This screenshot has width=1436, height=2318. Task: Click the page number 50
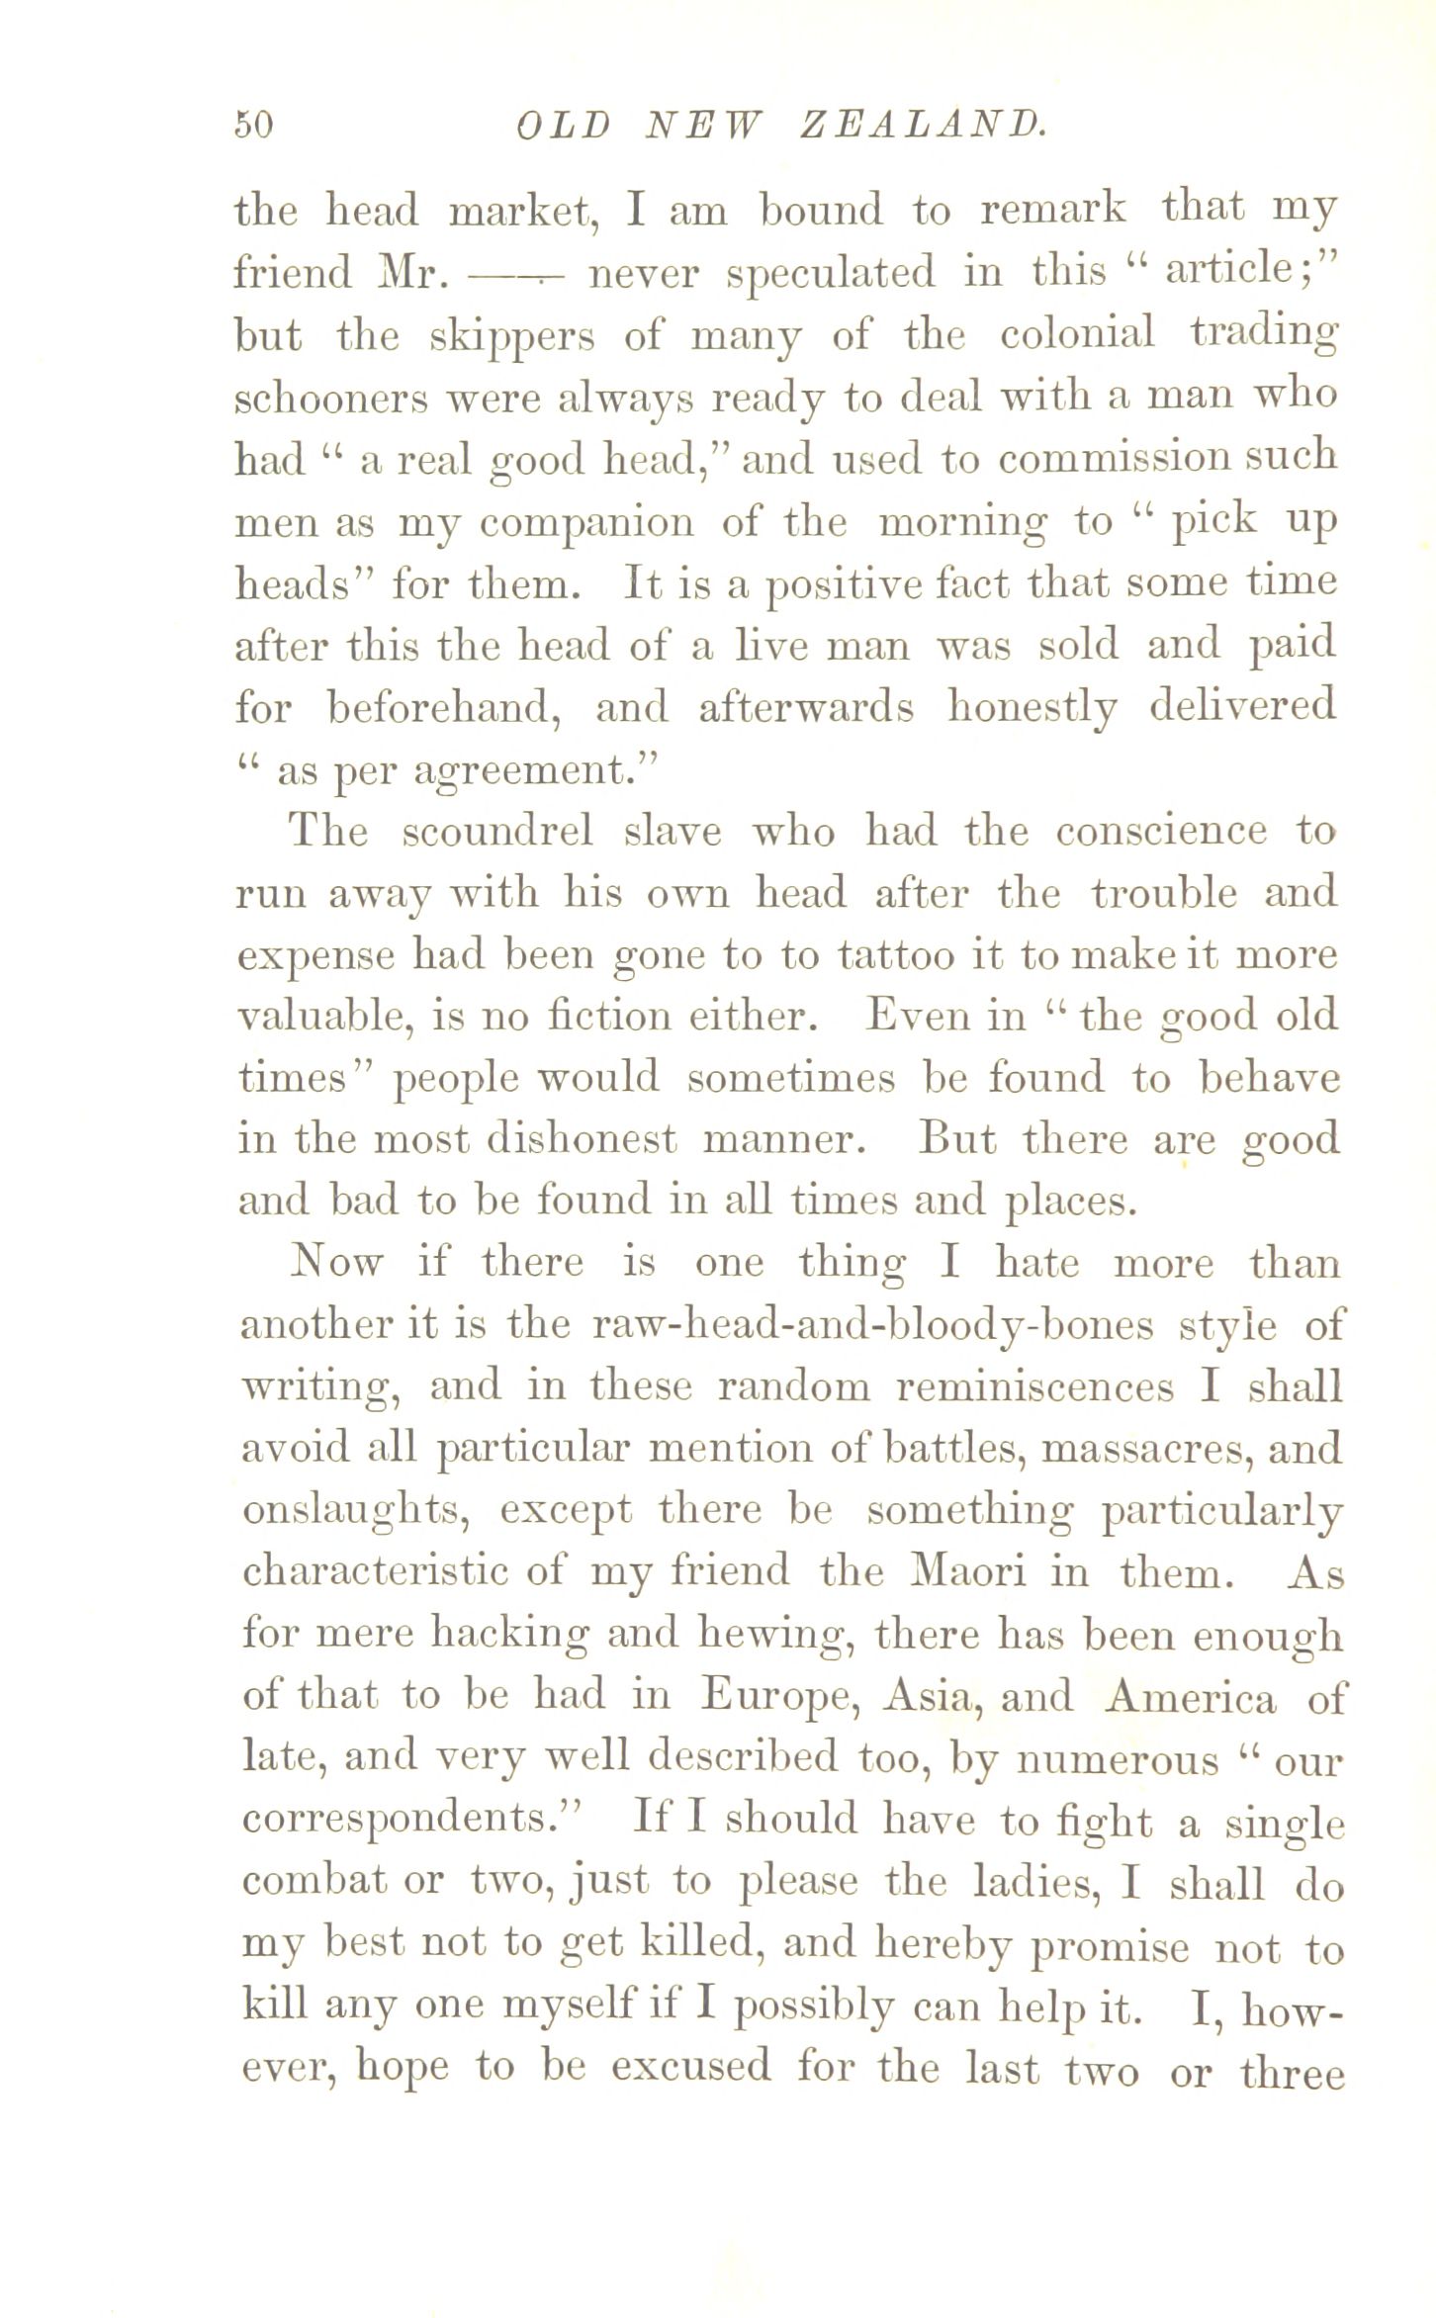(254, 125)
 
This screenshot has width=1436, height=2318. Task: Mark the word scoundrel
(497, 832)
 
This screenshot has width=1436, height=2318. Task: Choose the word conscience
(1160, 832)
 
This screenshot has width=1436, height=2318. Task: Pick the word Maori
(969, 1572)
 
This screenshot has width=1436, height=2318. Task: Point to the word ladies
(1036, 1883)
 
